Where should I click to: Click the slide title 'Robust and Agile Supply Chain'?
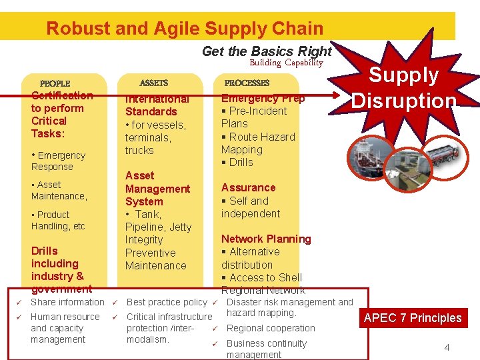pyautogui.click(x=185, y=29)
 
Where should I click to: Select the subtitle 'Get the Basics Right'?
pyautogui.click(x=266, y=51)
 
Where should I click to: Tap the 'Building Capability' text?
pyautogui.click(x=286, y=63)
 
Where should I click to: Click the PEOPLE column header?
pyautogui.click(x=55, y=83)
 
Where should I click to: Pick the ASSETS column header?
pyautogui.click(x=153, y=83)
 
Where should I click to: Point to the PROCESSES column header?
pyautogui.click(x=247, y=83)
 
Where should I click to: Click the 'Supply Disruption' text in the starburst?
pyautogui.click(x=404, y=87)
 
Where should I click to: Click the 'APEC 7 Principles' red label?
pyautogui.click(x=413, y=318)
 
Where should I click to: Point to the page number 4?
pyautogui.click(x=447, y=347)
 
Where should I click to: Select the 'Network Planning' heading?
pyautogui.click(x=266, y=239)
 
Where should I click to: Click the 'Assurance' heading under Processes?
pyautogui.click(x=248, y=187)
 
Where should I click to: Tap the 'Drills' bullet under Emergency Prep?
pyautogui.click(x=238, y=162)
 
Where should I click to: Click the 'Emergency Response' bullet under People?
pyautogui.click(x=58, y=161)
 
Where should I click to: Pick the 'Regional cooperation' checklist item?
pyautogui.click(x=271, y=328)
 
